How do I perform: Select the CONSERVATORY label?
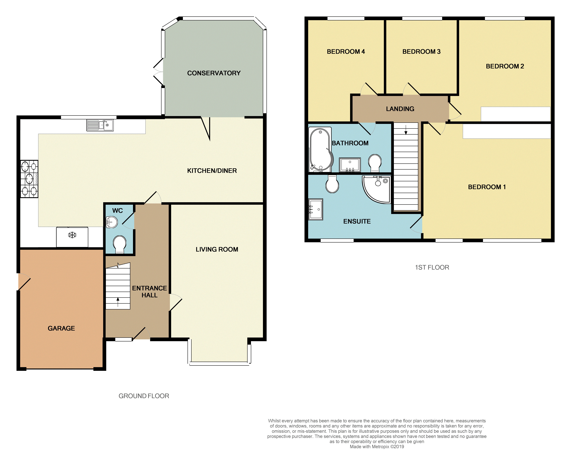(x=214, y=73)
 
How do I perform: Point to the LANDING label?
(x=400, y=109)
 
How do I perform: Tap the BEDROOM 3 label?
(x=421, y=52)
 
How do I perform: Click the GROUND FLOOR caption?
(x=144, y=396)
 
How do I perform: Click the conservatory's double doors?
(x=159, y=72)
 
